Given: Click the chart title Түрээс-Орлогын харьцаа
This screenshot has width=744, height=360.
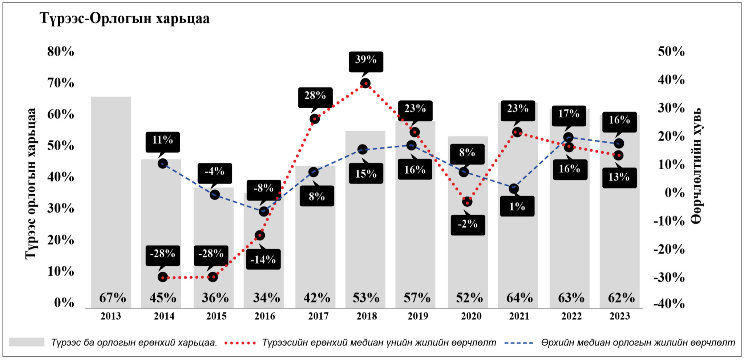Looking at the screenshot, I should (x=125, y=19).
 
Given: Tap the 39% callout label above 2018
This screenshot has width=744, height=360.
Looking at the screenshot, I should (x=366, y=60).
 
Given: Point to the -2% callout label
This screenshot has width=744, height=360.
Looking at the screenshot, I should (x=468, y=224).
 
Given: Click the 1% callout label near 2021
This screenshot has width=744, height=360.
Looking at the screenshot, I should (x=517, y=206).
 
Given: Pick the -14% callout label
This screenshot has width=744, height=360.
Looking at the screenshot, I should (x=263, y=259).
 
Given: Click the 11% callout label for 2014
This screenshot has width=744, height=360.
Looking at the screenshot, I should (x=162, y=140).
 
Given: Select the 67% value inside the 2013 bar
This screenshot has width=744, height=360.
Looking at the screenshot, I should (x=113, y=298).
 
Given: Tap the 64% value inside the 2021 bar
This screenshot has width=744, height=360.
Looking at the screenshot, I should (x=519, y=298).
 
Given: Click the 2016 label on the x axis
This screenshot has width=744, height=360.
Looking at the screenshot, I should (x=265, y=316).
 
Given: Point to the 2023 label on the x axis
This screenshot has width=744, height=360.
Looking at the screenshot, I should (x=620, y=316).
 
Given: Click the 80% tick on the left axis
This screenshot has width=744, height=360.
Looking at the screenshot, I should (x=61, y=52).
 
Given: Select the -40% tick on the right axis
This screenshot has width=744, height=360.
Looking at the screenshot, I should (x=669, y=303).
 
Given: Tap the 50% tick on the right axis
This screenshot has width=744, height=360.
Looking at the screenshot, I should (x=671, y=52).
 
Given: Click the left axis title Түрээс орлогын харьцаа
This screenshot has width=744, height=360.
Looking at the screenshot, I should (x=31, y=183).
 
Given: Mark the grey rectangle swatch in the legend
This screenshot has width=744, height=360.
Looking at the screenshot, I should (x=27, y=342).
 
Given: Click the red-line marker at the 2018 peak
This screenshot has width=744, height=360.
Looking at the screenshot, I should (x=365, y=83).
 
